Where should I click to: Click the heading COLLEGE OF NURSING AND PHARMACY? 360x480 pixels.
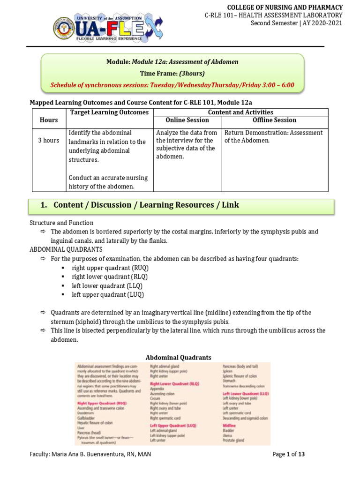click(x=285, y=7)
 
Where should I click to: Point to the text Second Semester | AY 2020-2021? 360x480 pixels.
click(x=296, y=23)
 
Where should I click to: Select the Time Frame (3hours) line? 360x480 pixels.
click(x=172, y=74)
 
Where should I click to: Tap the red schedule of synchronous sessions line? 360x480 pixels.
click(x=172, y=85)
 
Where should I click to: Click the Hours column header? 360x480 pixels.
click(x=49, y=120)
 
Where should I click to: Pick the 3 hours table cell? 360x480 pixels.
click(x=49, y=141)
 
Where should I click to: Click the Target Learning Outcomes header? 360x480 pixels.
click(x=109, y=112)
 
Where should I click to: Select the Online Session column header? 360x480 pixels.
click(x=187, y=120)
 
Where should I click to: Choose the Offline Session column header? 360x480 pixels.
click(x=275, y=120)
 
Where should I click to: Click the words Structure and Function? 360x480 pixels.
click(x=61, y=223)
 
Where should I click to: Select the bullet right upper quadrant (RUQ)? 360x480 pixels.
click(x=110, y=268)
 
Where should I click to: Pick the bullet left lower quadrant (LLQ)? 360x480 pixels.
click(x=107, y=285)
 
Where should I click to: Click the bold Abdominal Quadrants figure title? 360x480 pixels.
click(x=178, y=357)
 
